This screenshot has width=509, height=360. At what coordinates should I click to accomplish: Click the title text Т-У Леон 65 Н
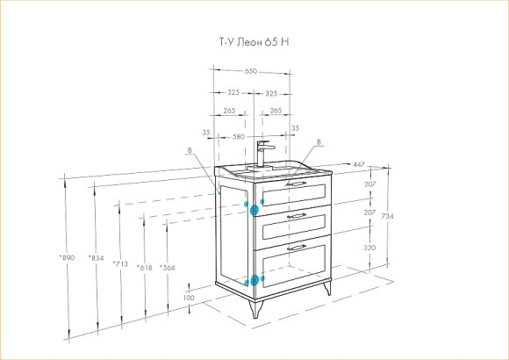[254, 42]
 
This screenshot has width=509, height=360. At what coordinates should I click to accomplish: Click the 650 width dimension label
[251, 71]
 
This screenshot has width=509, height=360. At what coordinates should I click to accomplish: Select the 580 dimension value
[239, 137]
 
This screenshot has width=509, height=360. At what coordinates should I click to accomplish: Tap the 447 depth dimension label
[359, 165]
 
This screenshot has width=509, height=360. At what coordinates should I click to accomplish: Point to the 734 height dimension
[388, 216]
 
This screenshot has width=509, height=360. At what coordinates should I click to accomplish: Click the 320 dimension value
[369, 248]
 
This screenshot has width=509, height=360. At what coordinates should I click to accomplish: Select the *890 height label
[67, 257]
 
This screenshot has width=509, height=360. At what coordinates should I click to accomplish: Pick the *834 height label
[96, 258]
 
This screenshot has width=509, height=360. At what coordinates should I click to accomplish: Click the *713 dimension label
[120, 263]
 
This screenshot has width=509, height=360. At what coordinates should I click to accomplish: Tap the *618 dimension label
[145, 268]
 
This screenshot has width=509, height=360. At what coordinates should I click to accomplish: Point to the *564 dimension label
[167, 268]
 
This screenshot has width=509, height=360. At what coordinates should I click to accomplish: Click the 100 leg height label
[189, 298]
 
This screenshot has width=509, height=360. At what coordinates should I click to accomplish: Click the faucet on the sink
[263, 154]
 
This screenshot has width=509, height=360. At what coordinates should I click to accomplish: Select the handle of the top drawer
[296, 184]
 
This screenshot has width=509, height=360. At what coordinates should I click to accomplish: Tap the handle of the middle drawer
[297, 216]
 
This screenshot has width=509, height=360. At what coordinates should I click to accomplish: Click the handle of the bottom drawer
[297, 248]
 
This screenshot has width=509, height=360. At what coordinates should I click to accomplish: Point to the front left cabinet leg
[255, 309]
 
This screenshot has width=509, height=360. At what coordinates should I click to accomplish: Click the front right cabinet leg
[327, 288]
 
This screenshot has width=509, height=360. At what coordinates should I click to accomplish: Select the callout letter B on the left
[190, 150]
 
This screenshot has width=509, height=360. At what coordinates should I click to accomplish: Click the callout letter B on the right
[319, 142]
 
